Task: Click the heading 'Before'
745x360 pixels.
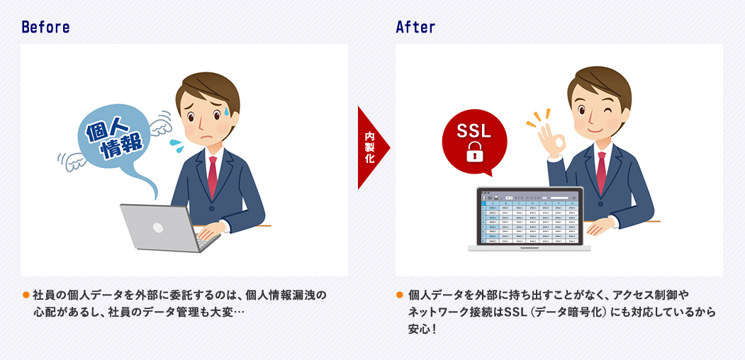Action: coord(45,28)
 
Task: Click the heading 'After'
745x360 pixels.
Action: coord(415,28)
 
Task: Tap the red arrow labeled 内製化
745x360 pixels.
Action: coord(371,148)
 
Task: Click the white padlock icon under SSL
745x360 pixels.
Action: coord(474,152)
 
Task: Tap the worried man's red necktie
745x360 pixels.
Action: coord(212,176)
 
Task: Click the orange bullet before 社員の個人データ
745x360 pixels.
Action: coord(26,294)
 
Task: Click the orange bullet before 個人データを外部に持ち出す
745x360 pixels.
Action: coord(400,294)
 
